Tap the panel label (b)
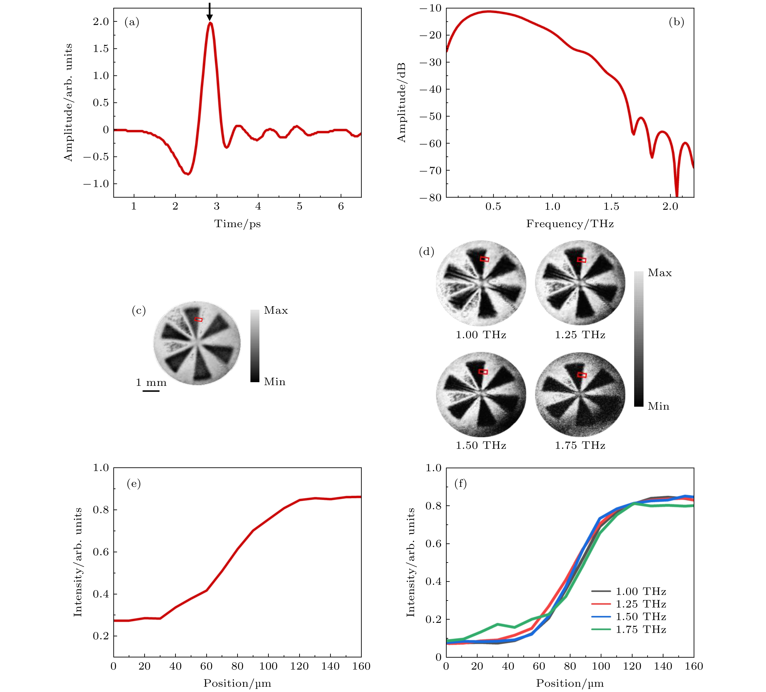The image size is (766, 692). tap(676, 22)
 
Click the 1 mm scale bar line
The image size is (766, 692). tap(151, 391)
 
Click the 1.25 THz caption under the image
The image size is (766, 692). tap(580, 335)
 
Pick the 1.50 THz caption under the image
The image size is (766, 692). tap(481, 445)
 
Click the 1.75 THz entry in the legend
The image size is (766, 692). tap(641, 630)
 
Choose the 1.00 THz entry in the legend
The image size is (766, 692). tap(641, 592)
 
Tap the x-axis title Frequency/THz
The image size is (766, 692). tap(570, 224)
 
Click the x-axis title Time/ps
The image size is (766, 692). tap(237, 224)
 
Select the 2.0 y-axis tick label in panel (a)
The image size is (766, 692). tap(101, 22)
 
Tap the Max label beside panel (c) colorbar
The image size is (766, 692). tap(276, 311)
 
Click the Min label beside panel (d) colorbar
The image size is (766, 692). tap(658, 406)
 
